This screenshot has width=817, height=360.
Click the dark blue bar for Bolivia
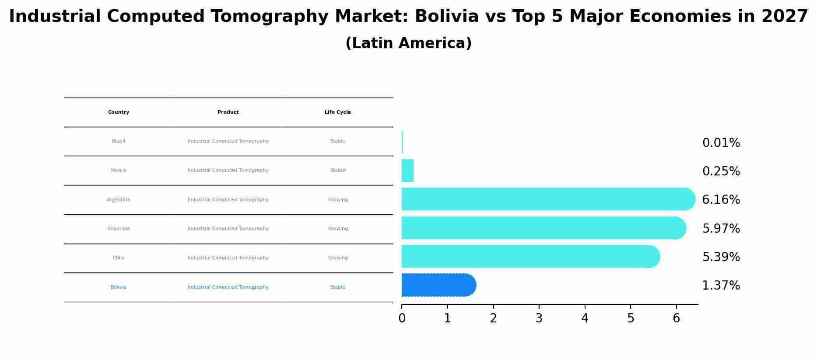[438, 285]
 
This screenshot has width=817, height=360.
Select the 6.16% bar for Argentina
[547, 199]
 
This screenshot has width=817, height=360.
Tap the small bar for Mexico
[407, 171]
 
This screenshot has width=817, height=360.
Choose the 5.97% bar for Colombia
[543, 228]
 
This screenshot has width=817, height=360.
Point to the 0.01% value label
[721, 143]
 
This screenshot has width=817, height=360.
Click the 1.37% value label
[721, 286]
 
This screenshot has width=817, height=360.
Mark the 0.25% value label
[721, 171]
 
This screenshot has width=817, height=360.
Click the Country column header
[119, 112]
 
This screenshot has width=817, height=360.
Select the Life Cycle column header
[337, 112]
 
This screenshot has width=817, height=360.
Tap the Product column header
[228, 112]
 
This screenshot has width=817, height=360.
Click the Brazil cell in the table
[119, 141]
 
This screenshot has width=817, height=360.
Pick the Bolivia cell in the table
[119, 287]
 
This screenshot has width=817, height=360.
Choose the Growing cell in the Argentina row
[337, 200]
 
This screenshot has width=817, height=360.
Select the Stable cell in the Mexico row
[337, 171]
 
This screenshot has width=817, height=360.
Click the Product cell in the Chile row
[228, 258]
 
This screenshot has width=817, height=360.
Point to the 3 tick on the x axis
[539, 318]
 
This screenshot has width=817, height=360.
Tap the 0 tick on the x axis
[402, 318]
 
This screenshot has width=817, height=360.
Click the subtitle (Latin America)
[408, 43]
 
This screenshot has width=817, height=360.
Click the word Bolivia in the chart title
[446, 17]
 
